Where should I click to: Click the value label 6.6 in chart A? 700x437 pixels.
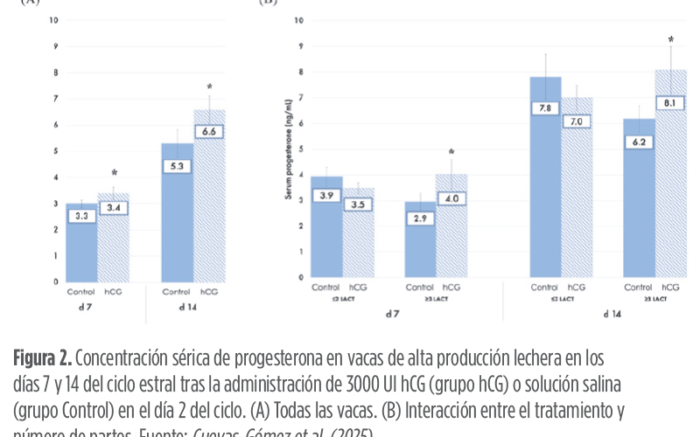[208, 129]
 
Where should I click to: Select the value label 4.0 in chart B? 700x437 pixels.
[451, 198]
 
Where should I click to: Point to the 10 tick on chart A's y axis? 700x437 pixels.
[53, 19]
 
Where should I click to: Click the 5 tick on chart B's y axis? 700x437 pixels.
[301, 149]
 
